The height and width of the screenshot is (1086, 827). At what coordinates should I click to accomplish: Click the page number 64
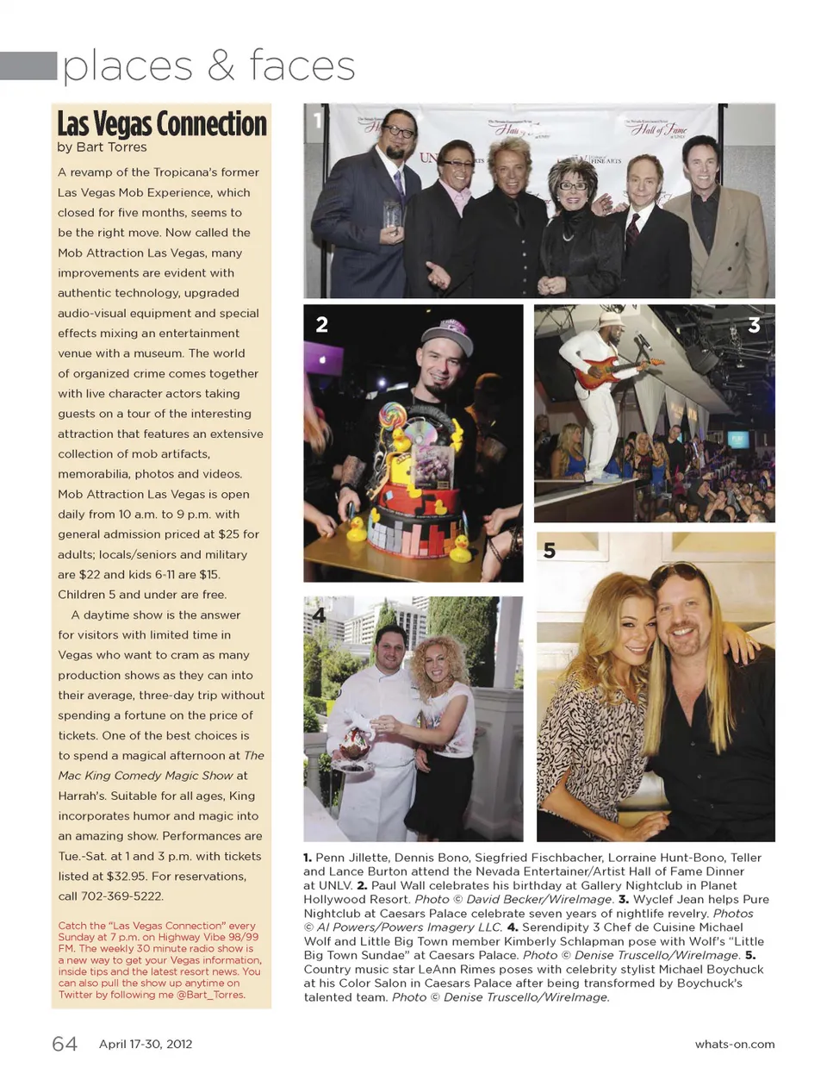pos(65,1044)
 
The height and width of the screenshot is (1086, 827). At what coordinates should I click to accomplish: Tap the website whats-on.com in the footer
pos(734,1044)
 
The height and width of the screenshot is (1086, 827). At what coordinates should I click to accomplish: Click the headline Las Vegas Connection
pos(162,123)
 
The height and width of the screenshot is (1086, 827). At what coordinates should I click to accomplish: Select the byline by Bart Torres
pos(102,147)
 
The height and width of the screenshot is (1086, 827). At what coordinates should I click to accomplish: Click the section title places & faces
pos(208,66)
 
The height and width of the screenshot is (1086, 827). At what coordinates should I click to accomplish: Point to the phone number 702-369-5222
pos(123,896)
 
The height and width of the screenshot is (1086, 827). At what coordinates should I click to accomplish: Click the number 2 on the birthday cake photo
pos(321,325)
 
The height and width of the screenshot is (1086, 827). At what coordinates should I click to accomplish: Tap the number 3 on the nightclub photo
pos(754,325)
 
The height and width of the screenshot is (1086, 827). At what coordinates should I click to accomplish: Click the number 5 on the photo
pos(550,551)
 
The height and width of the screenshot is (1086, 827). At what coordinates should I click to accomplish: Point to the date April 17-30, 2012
pos(146,1044)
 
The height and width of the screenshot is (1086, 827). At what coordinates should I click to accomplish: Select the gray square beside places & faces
pos(28,66)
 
